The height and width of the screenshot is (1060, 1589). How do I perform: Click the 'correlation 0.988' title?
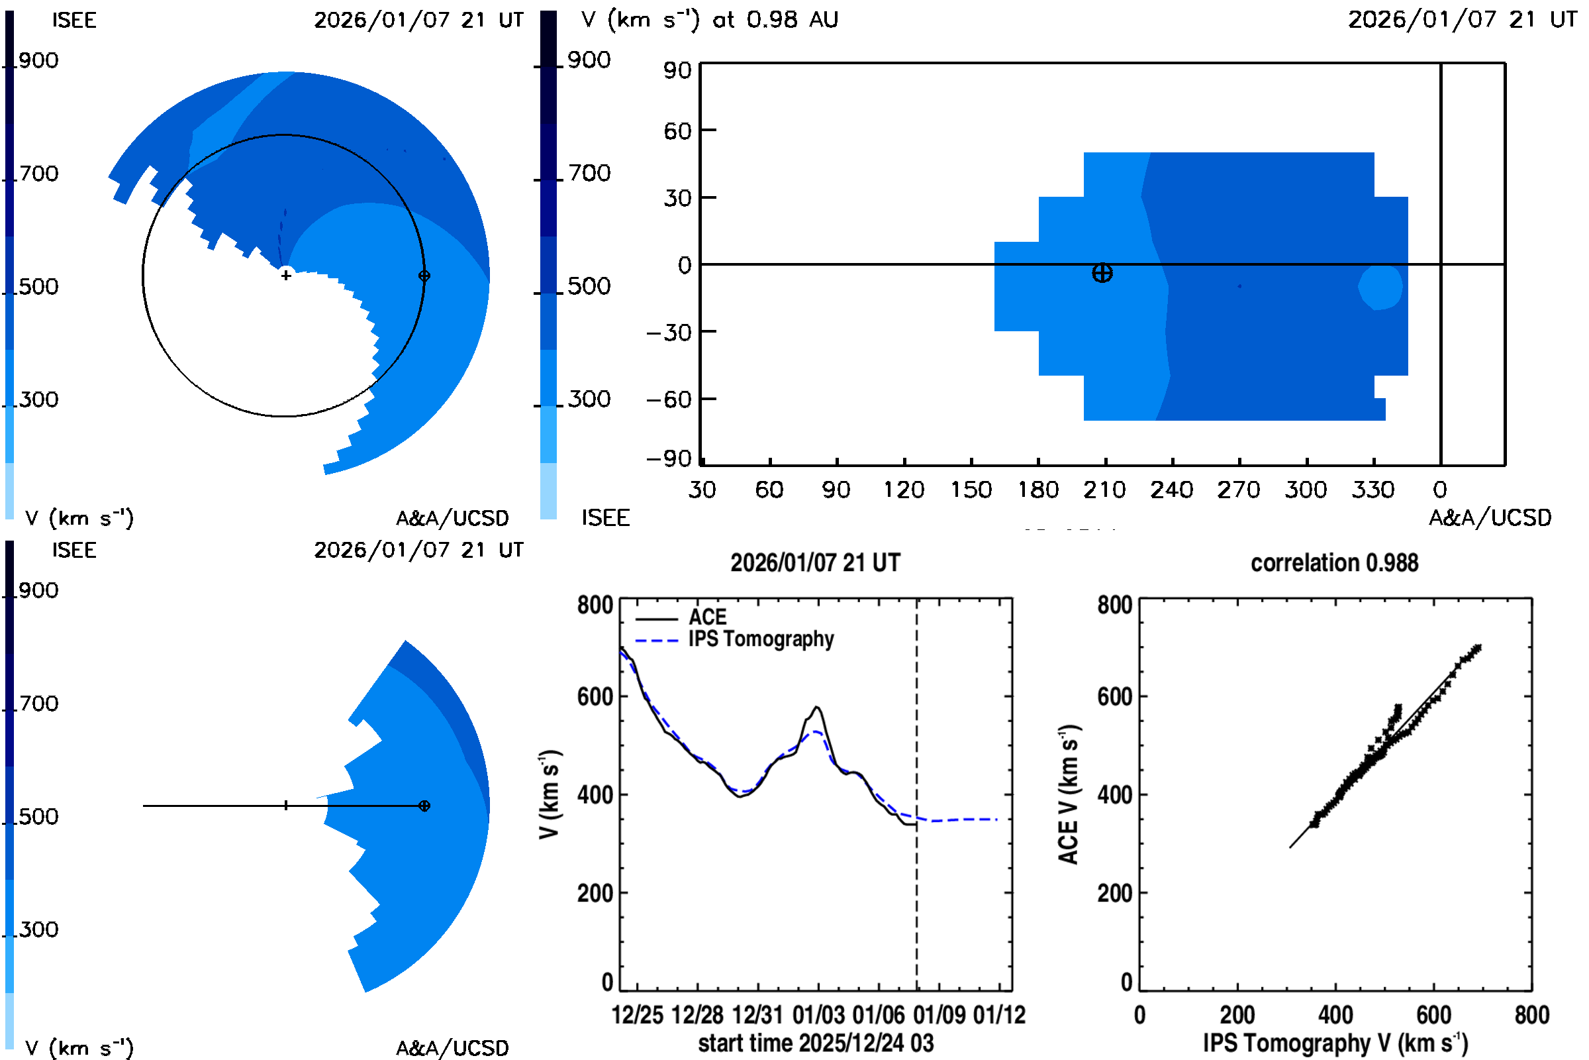point(1333,563)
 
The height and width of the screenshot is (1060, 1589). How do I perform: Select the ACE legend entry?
point(706,617)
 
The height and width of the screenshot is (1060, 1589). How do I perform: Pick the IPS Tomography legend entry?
point(760,639)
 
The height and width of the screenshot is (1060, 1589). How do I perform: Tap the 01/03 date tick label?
point(818,1015)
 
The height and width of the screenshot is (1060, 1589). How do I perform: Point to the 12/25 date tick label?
point(637,1015)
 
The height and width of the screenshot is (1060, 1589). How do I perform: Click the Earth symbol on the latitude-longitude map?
point(1102,273)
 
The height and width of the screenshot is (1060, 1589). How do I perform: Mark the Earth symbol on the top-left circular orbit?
point(424,276)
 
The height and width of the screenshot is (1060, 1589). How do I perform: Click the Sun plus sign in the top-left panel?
point(287,275)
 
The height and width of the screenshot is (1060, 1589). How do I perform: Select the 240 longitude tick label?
point(1171,490)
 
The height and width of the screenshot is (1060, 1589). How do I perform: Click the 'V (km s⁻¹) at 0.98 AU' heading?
point(709,20)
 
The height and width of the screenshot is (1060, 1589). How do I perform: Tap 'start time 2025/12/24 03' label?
point(816,1043)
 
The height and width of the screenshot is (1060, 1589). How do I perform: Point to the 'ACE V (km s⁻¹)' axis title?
point(1069,794)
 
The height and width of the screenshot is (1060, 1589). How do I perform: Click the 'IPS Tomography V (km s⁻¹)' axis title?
point(1335,1043)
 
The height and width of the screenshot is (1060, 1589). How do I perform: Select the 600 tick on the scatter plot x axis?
point(1433,1015)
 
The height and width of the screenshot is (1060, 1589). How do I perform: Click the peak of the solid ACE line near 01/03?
point(818,707)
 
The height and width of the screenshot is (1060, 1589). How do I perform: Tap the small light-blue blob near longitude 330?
point(1381,288)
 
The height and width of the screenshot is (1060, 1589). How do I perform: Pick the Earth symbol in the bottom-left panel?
point(424,806)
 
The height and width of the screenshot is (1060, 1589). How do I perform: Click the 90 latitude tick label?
point(677,70)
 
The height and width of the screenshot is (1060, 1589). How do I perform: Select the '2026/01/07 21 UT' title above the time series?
point(815,563)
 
